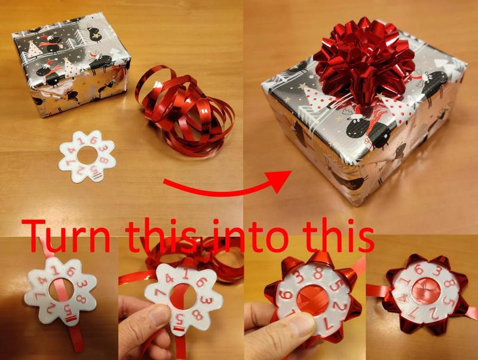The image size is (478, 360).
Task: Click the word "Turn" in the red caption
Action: [66, 236]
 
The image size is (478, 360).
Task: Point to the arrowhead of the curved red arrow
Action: [279, 182]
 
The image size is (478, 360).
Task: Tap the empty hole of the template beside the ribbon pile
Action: [88, 155]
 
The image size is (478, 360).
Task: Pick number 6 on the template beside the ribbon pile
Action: [93, 141]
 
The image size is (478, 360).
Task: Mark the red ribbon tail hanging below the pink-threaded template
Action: [72, 339]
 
